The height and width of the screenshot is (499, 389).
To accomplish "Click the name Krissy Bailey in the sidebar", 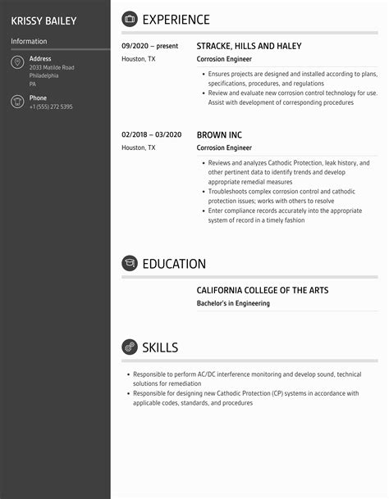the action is (x=43, y=20).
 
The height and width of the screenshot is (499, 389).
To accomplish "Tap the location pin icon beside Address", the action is (x=17, y=63).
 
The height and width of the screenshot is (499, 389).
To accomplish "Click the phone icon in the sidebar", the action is (x=17, y=102).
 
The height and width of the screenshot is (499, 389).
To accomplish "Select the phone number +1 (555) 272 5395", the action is (x=51, y=107).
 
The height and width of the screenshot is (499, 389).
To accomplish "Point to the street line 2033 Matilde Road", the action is (x=52, y=67).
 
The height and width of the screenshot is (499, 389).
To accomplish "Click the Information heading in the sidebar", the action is (x=29, y=41).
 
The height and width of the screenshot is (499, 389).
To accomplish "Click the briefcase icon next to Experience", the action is (x=130, y=20).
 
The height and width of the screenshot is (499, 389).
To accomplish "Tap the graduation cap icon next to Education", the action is (x=130, y=264).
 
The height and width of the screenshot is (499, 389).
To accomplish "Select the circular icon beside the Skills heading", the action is (x=130, y=347).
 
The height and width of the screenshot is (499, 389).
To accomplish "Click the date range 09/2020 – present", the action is (x=150, y=47).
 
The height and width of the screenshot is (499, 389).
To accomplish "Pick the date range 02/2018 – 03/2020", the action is (x=151, y=134).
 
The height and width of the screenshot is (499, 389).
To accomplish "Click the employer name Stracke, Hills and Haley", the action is (x=249, y=47).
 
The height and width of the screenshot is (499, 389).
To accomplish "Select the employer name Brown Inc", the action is (x=219, y=134).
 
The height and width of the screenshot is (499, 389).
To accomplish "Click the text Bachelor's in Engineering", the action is (x=233, y=303).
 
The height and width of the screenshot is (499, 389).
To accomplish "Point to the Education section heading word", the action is (x=174, y=264).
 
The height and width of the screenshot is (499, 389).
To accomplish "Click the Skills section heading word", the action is (x=160, y=347).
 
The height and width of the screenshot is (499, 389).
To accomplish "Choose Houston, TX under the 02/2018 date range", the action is (x=138, y=147).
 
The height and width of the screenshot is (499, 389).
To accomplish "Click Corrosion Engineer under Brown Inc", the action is (x=224, y=147).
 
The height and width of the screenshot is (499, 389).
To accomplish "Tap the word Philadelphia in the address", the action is (x=43, y=75).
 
